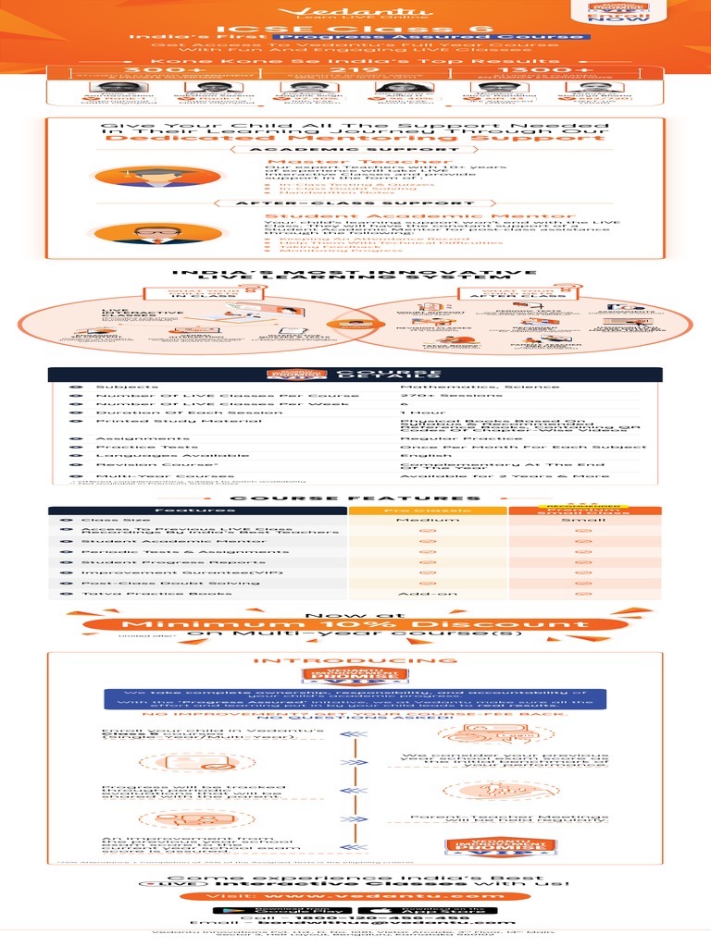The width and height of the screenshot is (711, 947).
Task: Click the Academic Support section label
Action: (x=355, y=148)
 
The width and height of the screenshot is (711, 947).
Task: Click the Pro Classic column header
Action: (x=427, y=510)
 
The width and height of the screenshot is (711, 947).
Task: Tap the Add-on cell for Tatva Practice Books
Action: (x=427, y=595)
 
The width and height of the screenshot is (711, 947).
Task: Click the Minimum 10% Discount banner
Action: (x=355, y=625)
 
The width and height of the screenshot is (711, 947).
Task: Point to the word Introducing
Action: (x=355, y=660)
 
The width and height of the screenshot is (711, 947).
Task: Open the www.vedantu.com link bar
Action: (x=355, y=895)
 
